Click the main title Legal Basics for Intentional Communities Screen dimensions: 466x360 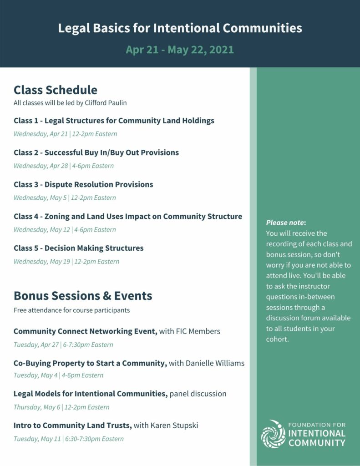click(x=180, y=28)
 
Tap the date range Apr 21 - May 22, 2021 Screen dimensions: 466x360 click(x=180, y=50)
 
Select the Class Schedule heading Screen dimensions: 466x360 click(x=56, y=90)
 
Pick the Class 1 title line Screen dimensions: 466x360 click(x=114, y=121)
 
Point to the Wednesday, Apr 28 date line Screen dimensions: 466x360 click(x=64, y=166)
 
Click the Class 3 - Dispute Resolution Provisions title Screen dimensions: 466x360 click(x=83, y=184)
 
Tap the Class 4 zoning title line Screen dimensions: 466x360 click(x=128, y=216)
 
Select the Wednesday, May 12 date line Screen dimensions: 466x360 click(x=65, y=229)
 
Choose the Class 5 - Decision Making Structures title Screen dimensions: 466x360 click(x=78, y=248)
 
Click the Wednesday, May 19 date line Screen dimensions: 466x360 click(x=66, y=261)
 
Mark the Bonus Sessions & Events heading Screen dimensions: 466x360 click(x=83, y=296)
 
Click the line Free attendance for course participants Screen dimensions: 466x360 click(x=71, y=310)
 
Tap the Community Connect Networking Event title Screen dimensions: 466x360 click(x=86, y=331)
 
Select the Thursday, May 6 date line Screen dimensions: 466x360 click(x=61, y=407)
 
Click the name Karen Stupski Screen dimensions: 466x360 click(x=174, y=425)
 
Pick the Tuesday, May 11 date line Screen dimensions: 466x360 click(x=68, y=439)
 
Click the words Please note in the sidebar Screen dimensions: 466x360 click(x=285, y=223)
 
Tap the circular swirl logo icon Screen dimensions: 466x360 click(x=273, y=434)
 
